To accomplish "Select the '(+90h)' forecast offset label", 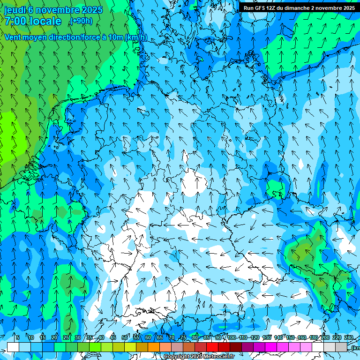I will click(x=81, y=21).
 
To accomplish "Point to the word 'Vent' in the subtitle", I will click(x=14, y=37).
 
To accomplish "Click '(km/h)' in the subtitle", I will click(x=136, y=37).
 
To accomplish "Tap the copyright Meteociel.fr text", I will click(x=199, y=357).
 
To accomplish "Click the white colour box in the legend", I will click(x=13, y=347).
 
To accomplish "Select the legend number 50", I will click(x=125, y=337).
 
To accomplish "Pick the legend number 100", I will click(x=231, y=337).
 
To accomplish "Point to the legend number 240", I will click(x=349, y=337).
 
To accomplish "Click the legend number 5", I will click(x=18, y=337).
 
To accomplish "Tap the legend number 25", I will click(x=66, y=337).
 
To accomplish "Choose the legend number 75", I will click(x=183, y=337).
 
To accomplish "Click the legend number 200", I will click(x=325, y=337).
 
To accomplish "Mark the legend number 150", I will click(x=290, y=337).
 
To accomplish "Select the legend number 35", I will click(x=89, y=337).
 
